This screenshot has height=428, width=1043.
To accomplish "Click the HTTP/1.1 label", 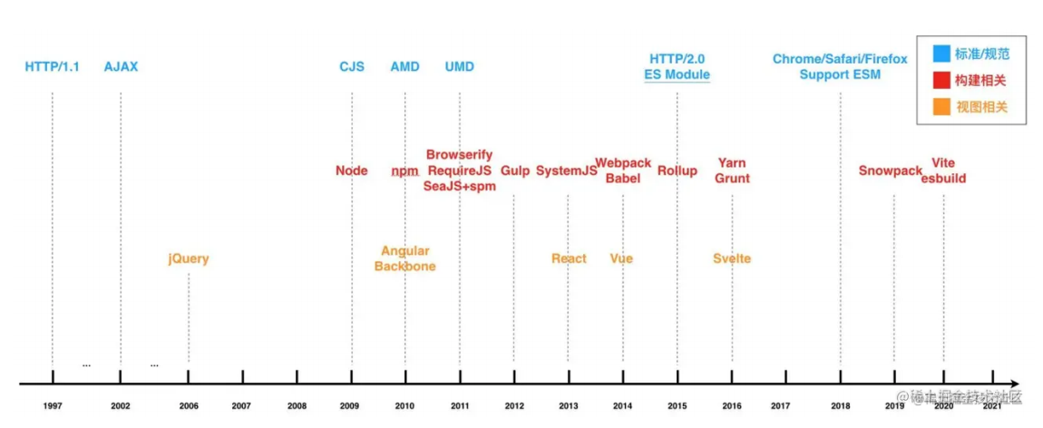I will click(x=52, y=66).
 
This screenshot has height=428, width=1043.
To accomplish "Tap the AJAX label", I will click(x=121, y=66).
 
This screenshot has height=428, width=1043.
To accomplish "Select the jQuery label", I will click(x=188, y=258).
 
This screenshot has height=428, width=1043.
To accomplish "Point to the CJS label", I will click(x=352, y=66).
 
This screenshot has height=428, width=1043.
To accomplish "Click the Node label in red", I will click(x=352, y=170).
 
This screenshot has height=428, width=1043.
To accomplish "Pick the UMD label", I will click(x=459, y=66).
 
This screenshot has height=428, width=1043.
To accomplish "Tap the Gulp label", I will click(x=515, y=170).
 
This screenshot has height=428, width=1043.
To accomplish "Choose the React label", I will click(x=569, y=258).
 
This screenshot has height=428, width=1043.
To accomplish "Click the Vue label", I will click(x=621, y=258).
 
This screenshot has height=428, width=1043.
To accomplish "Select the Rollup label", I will click(x=677, y=170).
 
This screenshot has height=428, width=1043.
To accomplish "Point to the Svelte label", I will click(x=732, y=258).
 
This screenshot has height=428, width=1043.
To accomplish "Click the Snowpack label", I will click(x=891, y=170).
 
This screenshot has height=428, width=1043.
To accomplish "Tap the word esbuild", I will click(x=943, y=179).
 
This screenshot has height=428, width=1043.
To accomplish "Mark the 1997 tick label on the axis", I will click(x=53, y=406).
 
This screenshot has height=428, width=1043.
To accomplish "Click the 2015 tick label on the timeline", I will click(x=677, y=406).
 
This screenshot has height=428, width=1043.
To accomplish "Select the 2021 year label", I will click(x=992, y=406).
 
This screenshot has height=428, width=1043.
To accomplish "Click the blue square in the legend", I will click(x=941, y=53).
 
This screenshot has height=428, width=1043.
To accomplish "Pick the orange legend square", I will click(x=941, y=107).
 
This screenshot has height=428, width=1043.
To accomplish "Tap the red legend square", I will click(x=941, y=81).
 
